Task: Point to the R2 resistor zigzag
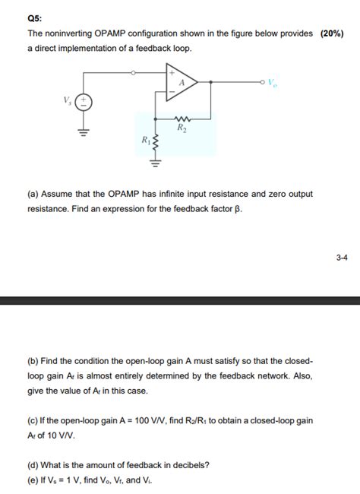[181, 118]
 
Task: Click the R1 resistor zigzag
[156, 141]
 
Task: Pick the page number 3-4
[341, 258]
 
